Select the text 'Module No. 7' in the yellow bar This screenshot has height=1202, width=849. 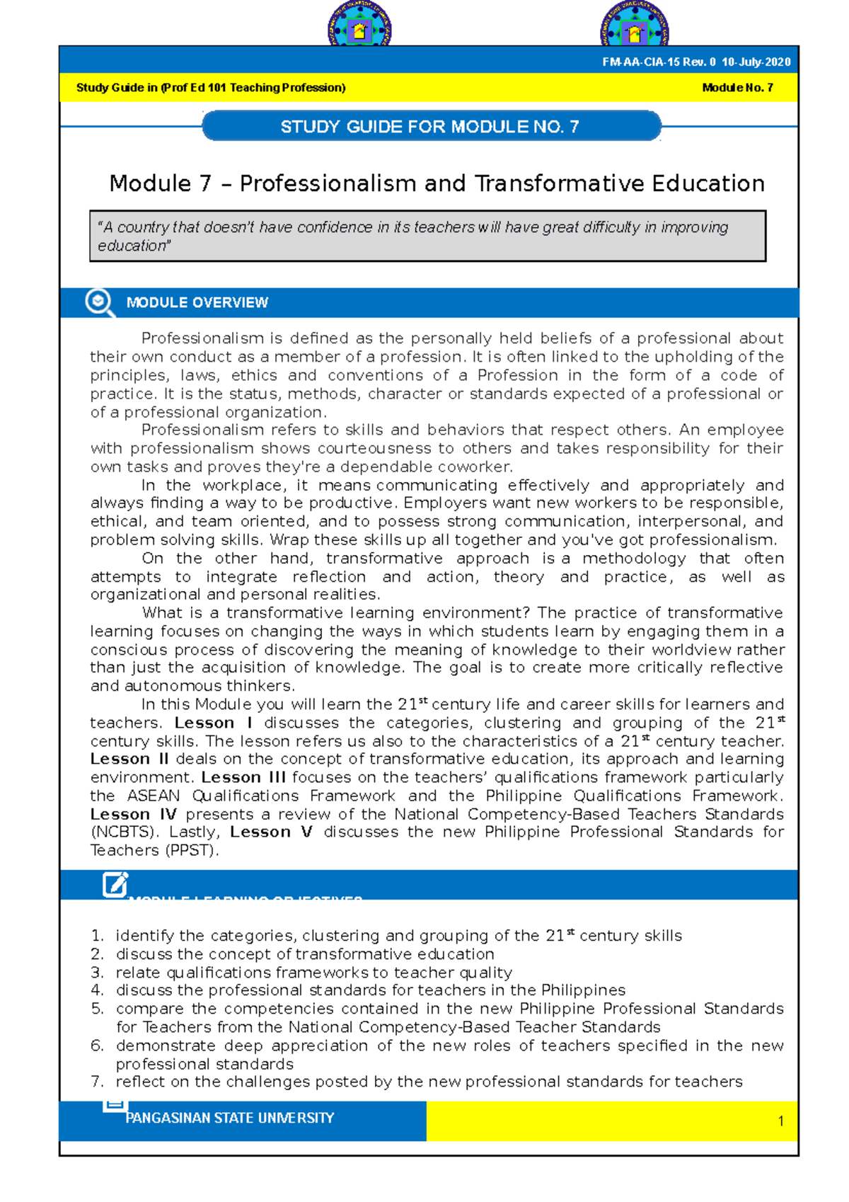pos(737,88)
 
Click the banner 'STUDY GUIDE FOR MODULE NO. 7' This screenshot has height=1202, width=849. pos(430,127)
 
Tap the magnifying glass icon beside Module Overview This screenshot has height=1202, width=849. pos(99,302)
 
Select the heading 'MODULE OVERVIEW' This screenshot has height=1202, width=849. pos(197,303)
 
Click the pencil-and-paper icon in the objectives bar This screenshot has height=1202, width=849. pos(115,885)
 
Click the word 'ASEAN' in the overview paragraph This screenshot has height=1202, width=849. pos(153,796)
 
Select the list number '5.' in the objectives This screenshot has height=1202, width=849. pos(98,1008)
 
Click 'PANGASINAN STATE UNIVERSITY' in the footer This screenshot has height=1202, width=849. pos(229,1118)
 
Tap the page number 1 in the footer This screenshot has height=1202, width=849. pos(780,1121)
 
